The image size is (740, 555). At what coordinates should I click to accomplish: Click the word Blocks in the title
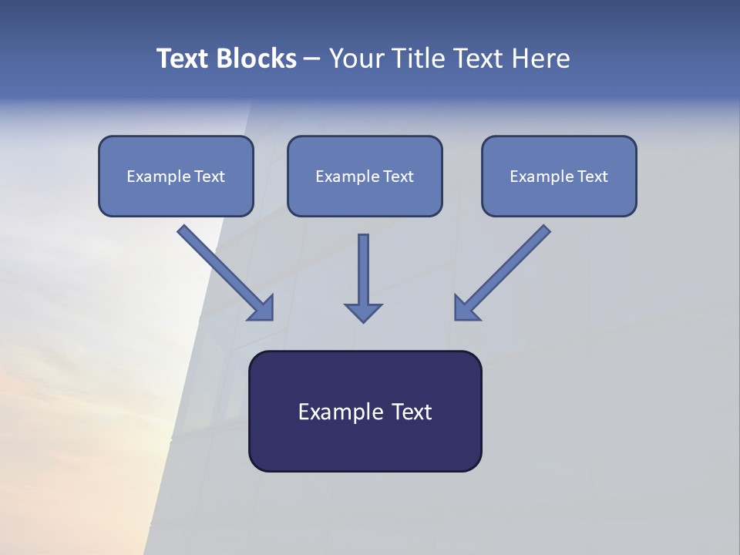pos(255,59)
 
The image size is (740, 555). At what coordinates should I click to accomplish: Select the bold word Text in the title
pos(183,59)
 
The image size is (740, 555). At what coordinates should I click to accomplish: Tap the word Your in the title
pos(356,59)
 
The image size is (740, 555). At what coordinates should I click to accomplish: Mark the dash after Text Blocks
pos(312,59)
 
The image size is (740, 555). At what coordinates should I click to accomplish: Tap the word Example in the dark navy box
pos(340,412)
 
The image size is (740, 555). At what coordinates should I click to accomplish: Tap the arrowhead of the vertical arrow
pos(363,312)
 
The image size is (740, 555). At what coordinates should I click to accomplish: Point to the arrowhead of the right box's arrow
pos(466,308)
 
